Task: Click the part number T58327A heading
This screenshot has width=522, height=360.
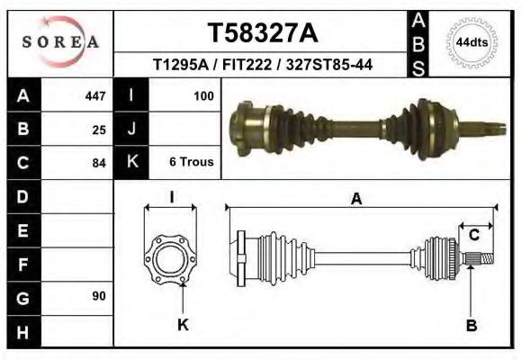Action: (x=263, y=33)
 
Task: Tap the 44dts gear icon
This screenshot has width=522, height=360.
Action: (x=472, y=42)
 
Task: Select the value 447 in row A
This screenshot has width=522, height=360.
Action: (x=94, y=95)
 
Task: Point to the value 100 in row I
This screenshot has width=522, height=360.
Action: (x=202, y=95)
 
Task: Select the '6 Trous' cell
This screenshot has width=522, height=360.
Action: (x=191, y=163)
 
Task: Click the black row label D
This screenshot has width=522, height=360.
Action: (x=23, y=196)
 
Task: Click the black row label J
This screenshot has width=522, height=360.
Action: (x=131, y=130)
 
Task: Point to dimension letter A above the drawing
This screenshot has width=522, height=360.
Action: (x=356, y=200)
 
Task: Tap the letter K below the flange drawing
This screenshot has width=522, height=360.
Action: (x=183, y=325)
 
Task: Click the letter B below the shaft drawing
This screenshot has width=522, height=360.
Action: (x=471, y=325)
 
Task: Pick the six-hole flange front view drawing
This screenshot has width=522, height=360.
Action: (x=170, y=259)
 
